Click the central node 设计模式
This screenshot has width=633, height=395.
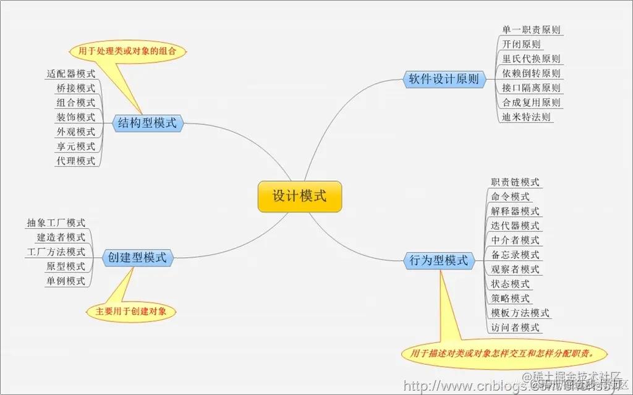pyautogui.click(x=299, y=197)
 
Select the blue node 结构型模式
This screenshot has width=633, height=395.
pyautogui.click(x=147, y=123)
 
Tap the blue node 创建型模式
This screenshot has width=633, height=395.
pyautogui.click(x=137, y=258)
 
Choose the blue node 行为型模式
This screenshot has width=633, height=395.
pyautogui.click(x=439, y=260)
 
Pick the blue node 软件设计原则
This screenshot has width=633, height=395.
pyautogui.click(x=444, y=79)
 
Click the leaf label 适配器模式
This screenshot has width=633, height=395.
pyautogui.click(x=71, y=74)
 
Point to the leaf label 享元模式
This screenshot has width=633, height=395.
pyautogui.click(x=76, y=147)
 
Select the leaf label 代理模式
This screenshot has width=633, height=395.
pyautogui.click(x=76, y=161)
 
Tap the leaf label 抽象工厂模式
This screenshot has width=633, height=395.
pyautogui.click(x=56, y=223)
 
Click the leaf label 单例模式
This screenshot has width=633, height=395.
pyautogui.click(x=66, y=281)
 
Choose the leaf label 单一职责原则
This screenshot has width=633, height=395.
pyautogui.click(x=532, y=30)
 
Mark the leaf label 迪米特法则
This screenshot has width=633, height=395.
pyautogui.click(x=527, y=117)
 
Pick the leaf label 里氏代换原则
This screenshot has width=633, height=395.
pyautogui.click(x=532, y=59)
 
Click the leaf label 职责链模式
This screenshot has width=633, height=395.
pyautogui.click(x=515, y=182)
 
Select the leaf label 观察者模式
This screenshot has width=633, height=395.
pyautogui.click(x=515, y=270)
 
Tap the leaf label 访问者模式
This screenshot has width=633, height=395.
pyautogui.click(x=515, y=328)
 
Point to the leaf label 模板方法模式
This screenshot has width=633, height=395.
pyautogui.click(x=520, y=313)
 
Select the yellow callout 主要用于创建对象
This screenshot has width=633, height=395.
pyautogui.click(x=131, y=311)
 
